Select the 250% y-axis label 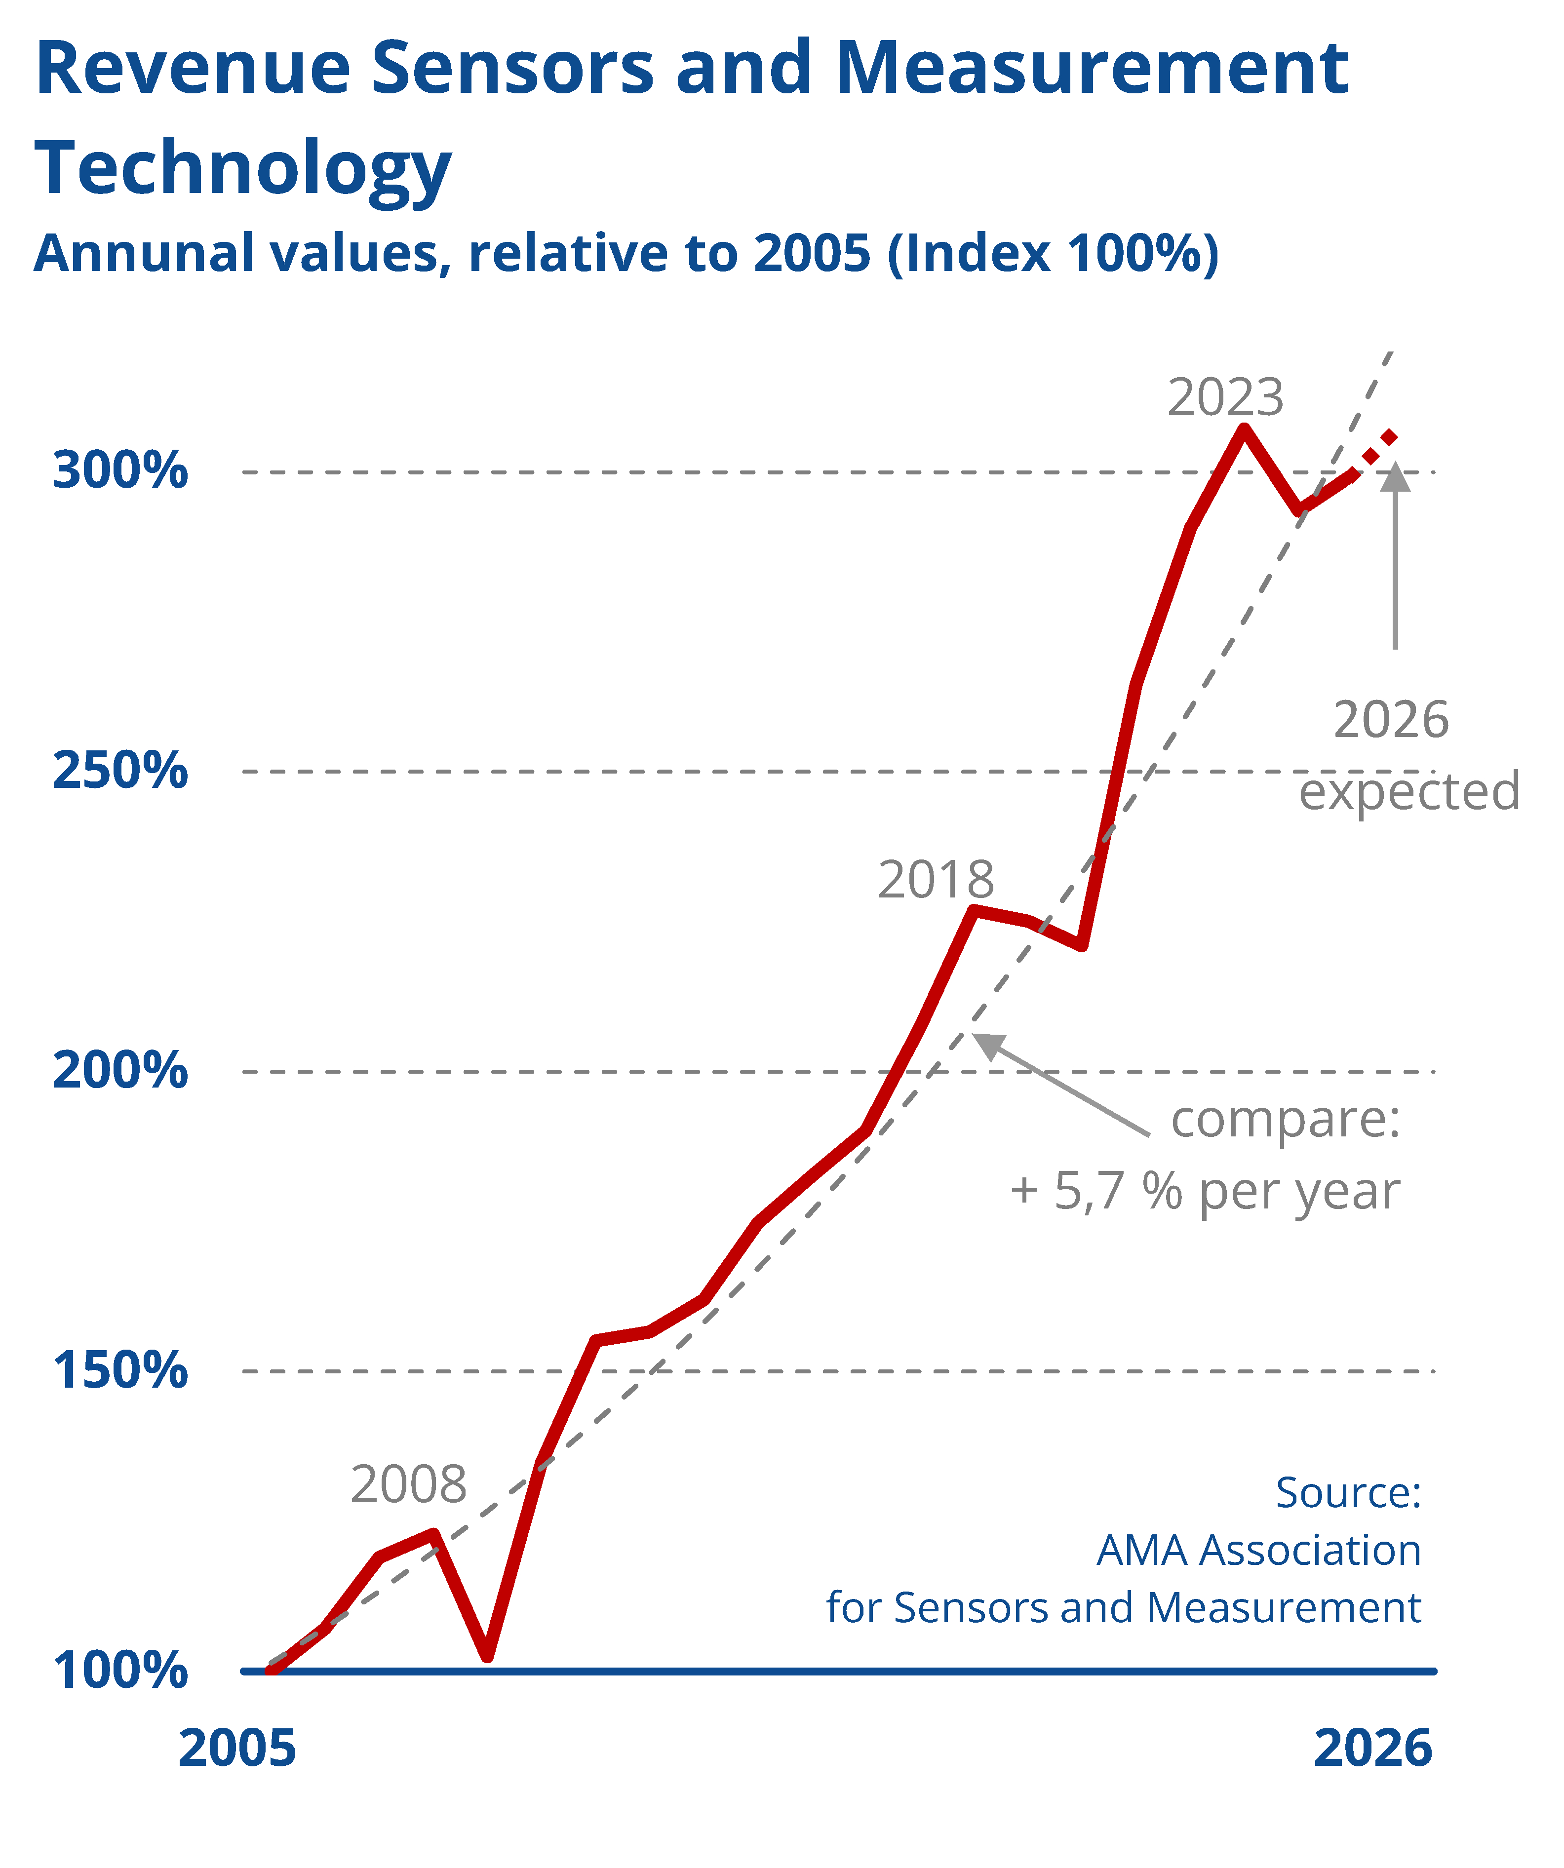(x=120, y=770)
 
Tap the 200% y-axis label (x=120, y=1070)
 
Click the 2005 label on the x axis (x=236, y=1748)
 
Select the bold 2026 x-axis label (x=1373, y=1748)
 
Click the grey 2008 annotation (x=408, y=1484)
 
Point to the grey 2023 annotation (x=1226, y=397)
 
